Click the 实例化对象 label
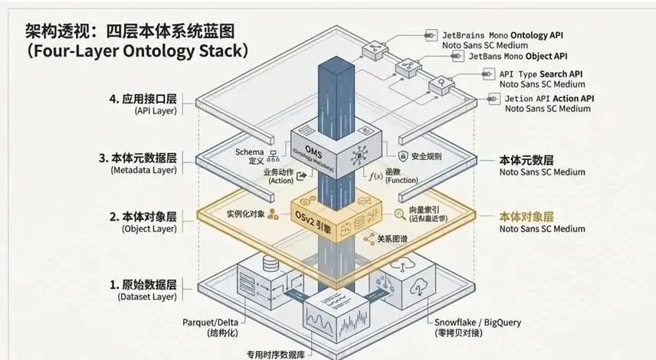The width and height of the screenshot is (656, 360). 246,214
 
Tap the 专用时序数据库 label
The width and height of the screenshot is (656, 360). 277,354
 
